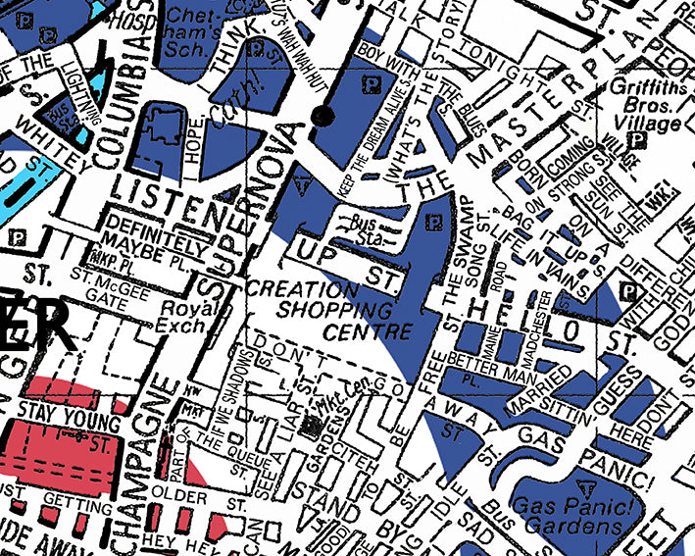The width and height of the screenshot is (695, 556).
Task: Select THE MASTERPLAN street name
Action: coord(529,108)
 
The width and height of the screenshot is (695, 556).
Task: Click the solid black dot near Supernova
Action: coord(318,118)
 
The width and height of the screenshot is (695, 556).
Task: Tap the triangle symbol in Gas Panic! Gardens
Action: coord(586,487)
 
